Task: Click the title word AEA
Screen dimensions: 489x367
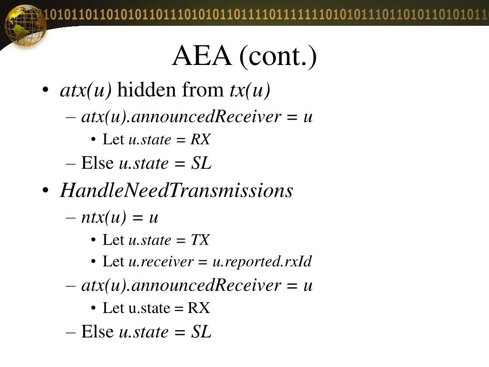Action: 202,56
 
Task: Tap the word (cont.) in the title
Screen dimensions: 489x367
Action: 278,56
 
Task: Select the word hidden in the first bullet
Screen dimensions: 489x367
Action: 146,90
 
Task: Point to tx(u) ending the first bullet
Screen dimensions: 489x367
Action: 247,90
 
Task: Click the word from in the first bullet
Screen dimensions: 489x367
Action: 202,90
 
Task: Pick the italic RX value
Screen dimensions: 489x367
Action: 201,140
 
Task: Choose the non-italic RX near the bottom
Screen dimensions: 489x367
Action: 199,308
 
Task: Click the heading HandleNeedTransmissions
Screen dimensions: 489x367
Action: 176,191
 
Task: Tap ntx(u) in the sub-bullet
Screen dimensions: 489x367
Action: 104,217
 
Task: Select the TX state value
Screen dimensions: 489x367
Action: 200,240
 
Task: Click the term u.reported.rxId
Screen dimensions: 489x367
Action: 262,262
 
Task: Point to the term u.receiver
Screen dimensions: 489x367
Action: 161,262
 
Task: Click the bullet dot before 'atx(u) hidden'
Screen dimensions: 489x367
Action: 45,90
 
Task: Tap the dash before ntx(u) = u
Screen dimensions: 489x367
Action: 71,217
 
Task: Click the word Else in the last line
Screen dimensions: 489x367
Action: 97,331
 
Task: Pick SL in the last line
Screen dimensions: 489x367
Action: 201,331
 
